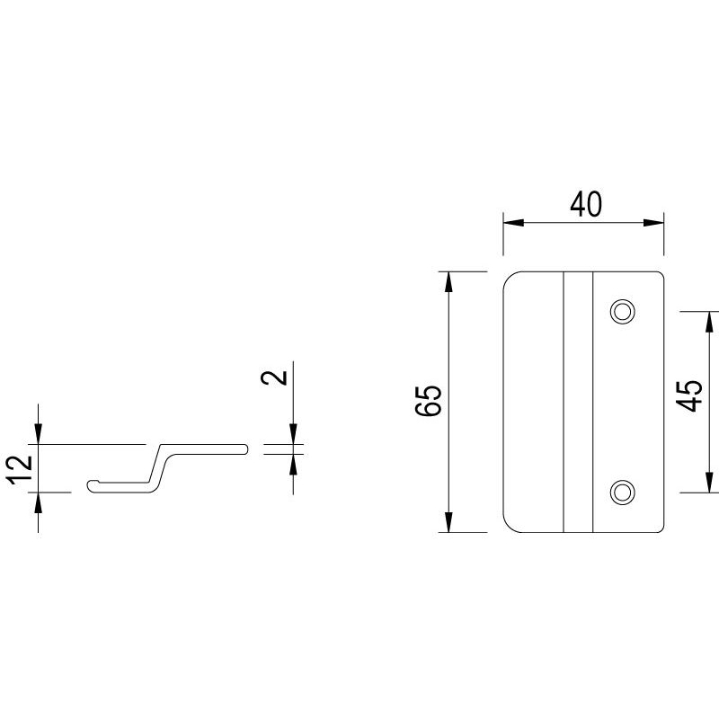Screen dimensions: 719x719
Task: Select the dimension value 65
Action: pos(430,401)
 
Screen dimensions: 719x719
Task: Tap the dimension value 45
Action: pos(690,395)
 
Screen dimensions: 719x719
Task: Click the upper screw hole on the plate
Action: pos(621,311)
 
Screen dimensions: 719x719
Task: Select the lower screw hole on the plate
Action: pos(621,491)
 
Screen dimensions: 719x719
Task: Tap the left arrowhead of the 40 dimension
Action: pos(509,222)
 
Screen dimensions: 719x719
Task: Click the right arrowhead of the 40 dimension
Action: pos(658,222)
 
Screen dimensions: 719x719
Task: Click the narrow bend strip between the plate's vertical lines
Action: pos(578,401)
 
